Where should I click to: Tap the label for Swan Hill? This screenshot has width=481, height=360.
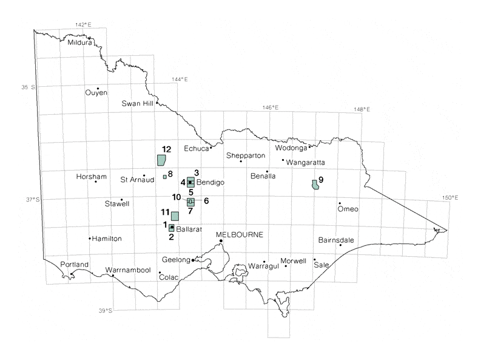138,103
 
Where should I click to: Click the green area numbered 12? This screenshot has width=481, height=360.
161,160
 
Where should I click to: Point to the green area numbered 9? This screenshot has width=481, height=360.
315,185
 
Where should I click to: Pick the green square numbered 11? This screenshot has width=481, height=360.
175,216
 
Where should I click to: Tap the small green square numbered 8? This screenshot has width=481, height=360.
164,177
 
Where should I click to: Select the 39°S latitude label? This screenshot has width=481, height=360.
106,311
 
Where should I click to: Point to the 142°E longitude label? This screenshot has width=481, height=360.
83,25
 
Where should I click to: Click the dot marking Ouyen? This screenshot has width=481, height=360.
98,88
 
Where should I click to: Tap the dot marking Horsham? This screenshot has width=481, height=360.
96,182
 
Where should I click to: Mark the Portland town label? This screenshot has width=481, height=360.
75,265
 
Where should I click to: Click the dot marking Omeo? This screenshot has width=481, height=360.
340,203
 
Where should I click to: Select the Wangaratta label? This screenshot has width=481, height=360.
306,163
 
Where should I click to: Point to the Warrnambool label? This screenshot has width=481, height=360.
128,270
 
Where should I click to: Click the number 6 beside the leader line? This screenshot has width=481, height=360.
206,201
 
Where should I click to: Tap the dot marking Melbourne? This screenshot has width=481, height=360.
221,241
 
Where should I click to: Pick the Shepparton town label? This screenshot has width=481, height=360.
246,156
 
